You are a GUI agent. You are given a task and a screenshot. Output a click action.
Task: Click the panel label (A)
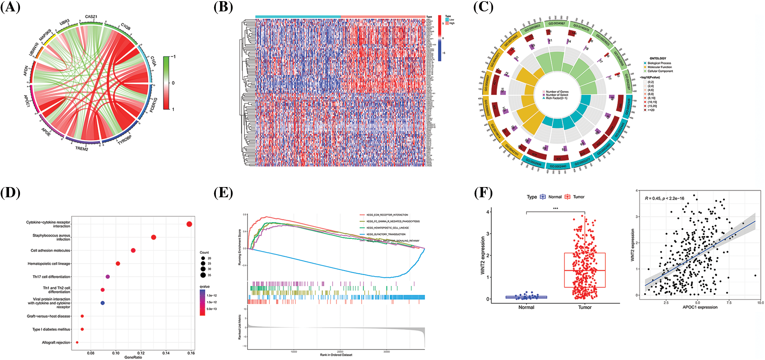pos(10,7)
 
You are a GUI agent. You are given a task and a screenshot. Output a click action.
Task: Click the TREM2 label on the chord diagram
pos(82,149)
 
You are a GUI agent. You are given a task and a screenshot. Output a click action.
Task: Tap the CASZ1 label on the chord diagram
pos(91,17)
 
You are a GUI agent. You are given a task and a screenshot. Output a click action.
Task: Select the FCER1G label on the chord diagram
pos(153,105)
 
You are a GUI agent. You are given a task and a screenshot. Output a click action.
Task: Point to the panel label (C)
pos(483,7)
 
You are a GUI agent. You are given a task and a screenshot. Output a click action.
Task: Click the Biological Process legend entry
pos(659,63)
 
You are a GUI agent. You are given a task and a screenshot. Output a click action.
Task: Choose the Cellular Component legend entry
pos(660,71)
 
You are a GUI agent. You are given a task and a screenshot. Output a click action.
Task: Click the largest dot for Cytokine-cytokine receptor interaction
pos(189,224)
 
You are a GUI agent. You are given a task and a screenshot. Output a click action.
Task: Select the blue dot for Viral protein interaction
pos(102,303)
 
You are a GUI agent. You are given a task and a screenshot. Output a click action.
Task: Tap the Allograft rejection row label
pos(56,342)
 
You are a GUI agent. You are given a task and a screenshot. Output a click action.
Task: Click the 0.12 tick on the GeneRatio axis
pos(141,353)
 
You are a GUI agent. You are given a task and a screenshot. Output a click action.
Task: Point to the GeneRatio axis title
pos(133,357)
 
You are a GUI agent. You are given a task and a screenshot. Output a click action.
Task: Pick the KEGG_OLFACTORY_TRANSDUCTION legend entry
pos(386,234)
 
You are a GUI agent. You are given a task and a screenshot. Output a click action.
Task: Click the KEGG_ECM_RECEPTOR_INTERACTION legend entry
pos(387,215)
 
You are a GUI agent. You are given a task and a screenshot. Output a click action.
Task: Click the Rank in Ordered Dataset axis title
pos(336,355)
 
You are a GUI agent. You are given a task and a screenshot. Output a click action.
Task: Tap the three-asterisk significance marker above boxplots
pos(556,209)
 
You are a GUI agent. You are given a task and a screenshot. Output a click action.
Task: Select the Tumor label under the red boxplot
pos(585,307)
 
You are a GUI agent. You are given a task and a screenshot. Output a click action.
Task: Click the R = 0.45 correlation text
pos(664,198)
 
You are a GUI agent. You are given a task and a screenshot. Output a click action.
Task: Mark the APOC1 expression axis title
pos(700,307)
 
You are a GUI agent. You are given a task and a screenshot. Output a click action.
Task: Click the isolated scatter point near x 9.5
pos(755,275)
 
